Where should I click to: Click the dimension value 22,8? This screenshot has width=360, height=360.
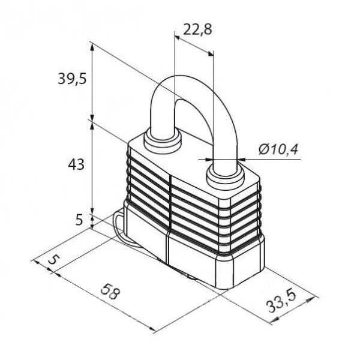tap(197, 29)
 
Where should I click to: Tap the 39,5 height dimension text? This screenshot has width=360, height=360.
tap(72, 79)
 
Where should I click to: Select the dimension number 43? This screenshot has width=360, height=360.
tap(76, 164)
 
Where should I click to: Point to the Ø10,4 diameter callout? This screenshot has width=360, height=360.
tap(278, 149)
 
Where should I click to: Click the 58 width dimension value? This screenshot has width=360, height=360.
tap(110, 292)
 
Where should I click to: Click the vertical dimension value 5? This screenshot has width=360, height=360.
tap(79, 220)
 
